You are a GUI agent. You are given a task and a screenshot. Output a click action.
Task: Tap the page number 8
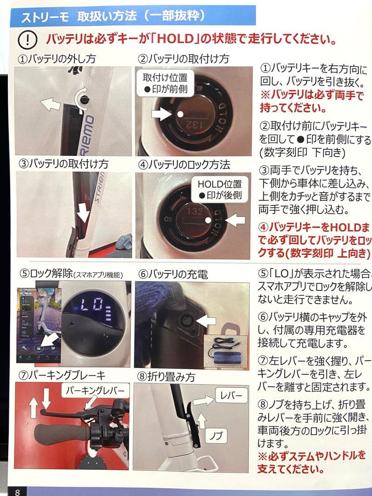[x=17, y=491]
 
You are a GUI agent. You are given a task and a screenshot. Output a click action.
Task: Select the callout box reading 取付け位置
[x=165, y=83]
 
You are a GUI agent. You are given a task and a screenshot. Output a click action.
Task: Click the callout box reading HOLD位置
[x=220, y=189]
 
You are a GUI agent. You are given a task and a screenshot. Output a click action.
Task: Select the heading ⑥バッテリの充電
[x=173, y=274]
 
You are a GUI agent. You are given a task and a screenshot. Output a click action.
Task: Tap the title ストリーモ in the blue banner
[x=45, y=17]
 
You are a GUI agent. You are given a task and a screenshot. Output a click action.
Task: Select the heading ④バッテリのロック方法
[x=184, y=164]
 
